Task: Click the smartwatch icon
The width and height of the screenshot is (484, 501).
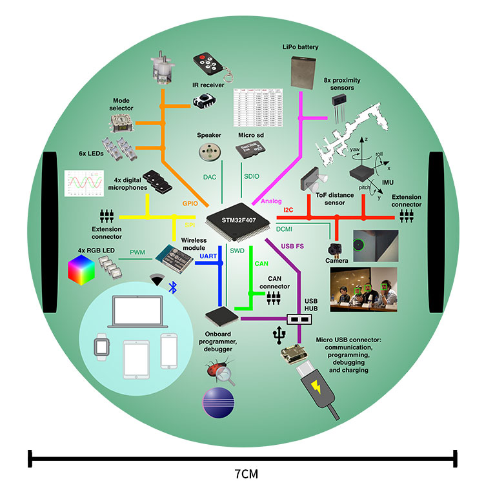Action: [x=99, y=347]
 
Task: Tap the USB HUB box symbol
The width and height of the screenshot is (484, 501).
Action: [x=299, y=319]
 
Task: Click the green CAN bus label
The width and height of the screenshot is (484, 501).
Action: [x=261, y=263]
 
